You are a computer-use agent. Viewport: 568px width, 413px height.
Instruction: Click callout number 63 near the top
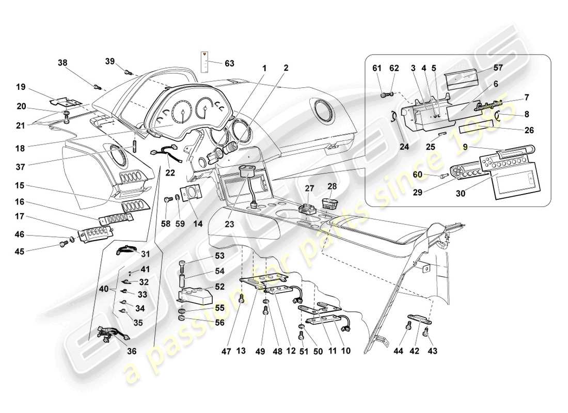229,63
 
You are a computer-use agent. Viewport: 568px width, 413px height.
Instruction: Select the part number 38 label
62,63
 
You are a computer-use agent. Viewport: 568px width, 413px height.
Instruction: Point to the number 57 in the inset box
497,68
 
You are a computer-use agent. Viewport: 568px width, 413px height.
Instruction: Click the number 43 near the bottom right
432,351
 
